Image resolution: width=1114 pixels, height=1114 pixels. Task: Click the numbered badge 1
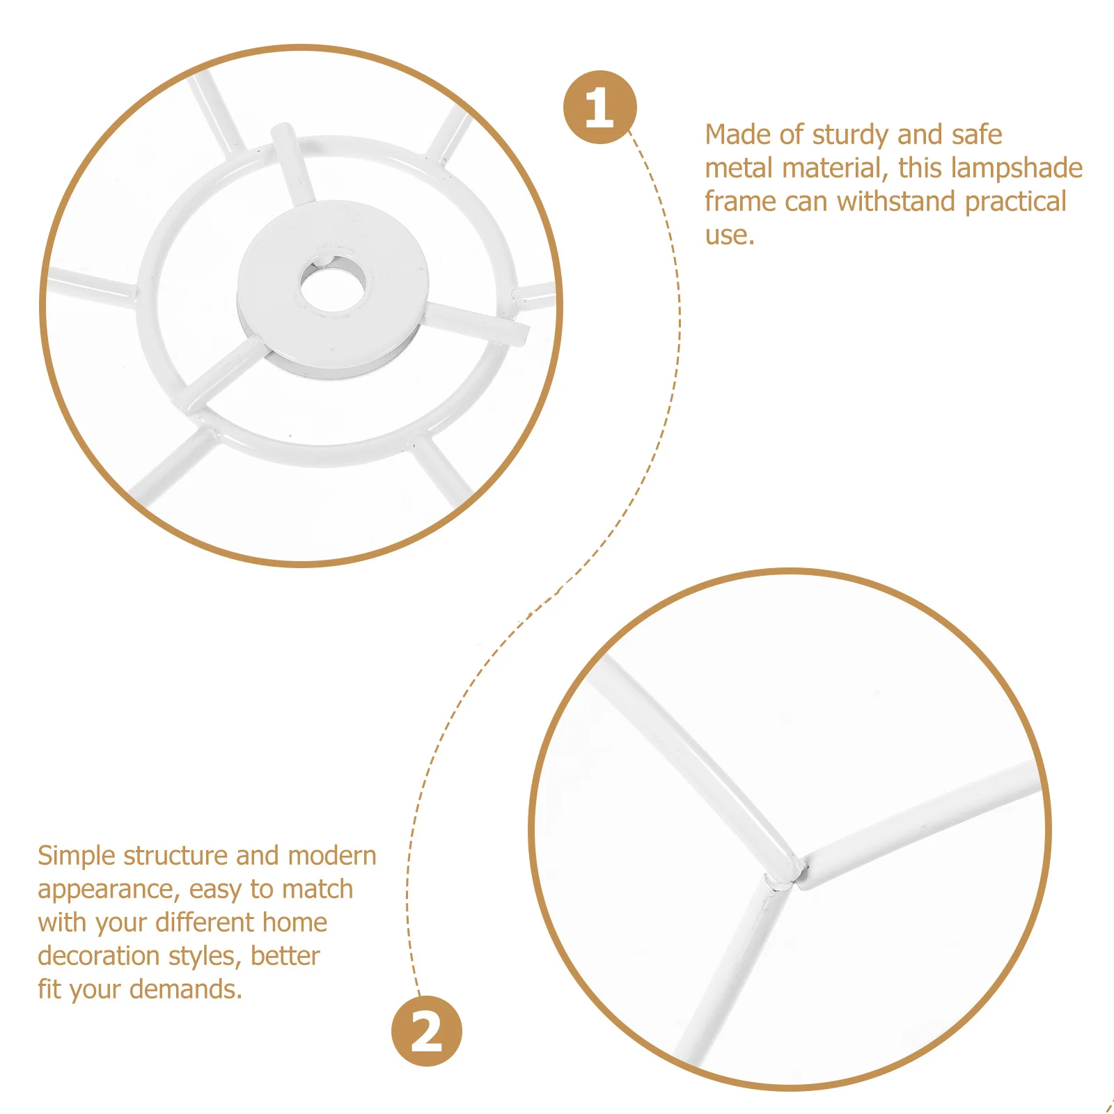click(599, 107)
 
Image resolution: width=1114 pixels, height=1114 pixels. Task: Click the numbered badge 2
click(426, 1031)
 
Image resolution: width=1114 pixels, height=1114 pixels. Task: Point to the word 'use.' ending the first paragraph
click(730, 235)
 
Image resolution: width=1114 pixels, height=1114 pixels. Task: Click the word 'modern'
click(331, 856)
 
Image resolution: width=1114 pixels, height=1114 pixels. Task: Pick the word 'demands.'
click(186, 989)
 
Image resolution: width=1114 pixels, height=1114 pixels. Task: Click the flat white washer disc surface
click(376, 327)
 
